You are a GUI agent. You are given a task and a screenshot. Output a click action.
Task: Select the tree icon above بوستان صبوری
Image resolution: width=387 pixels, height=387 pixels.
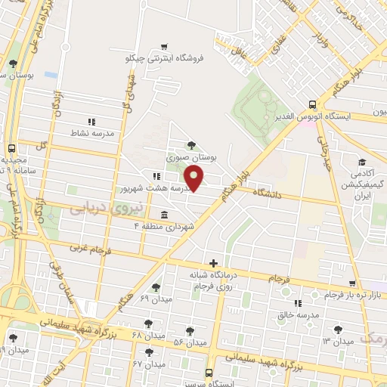[x=190, y=144]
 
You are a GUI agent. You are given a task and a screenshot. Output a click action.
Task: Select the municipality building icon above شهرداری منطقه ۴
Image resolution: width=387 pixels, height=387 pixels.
[x=164, y=214]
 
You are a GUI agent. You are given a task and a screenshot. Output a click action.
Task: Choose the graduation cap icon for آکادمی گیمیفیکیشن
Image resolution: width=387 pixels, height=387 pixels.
[x=362, y=162]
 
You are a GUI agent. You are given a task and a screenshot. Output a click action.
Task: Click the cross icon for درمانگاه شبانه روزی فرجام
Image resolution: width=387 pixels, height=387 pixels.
[x=213, y=262]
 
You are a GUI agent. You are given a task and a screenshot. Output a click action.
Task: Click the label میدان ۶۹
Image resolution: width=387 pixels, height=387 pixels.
[x=156, y=299]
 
